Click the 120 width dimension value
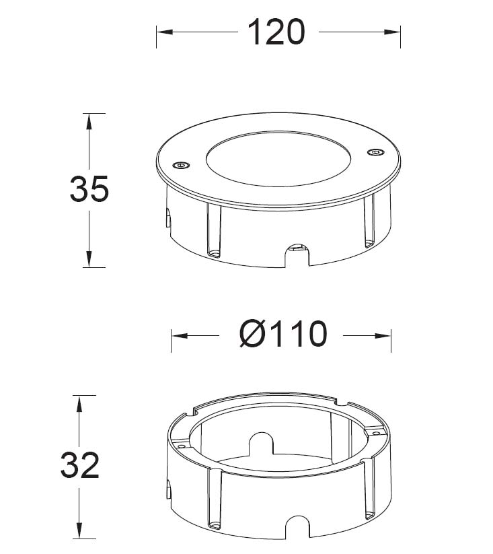click(x=276, y=32)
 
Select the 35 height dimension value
click(x=89, y=189)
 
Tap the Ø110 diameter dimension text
click(x=283, y=335)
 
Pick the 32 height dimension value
click(x=80, y=465)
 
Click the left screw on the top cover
click(x=181, y=165)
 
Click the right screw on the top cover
click(x=375, y=152)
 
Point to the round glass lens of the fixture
click(x=278, y=160)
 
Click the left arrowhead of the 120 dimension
click(x=165, y=32)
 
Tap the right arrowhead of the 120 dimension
click(x=392, y=32)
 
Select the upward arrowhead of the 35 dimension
click(x=89, y=122)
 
